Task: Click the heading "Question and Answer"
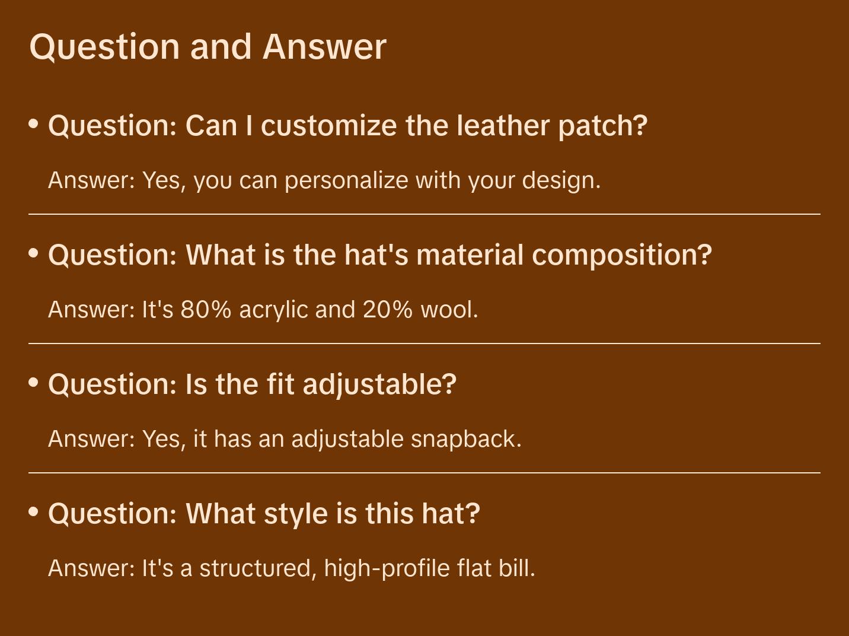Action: [x=208, y=46]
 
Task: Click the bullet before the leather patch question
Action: [x=34, y=124]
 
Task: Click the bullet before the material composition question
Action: [x=34, y=253]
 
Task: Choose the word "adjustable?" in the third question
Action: [x=379, y=384]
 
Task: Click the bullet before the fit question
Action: [x=34, y=383]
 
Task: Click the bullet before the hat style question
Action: [x=34, y=512]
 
